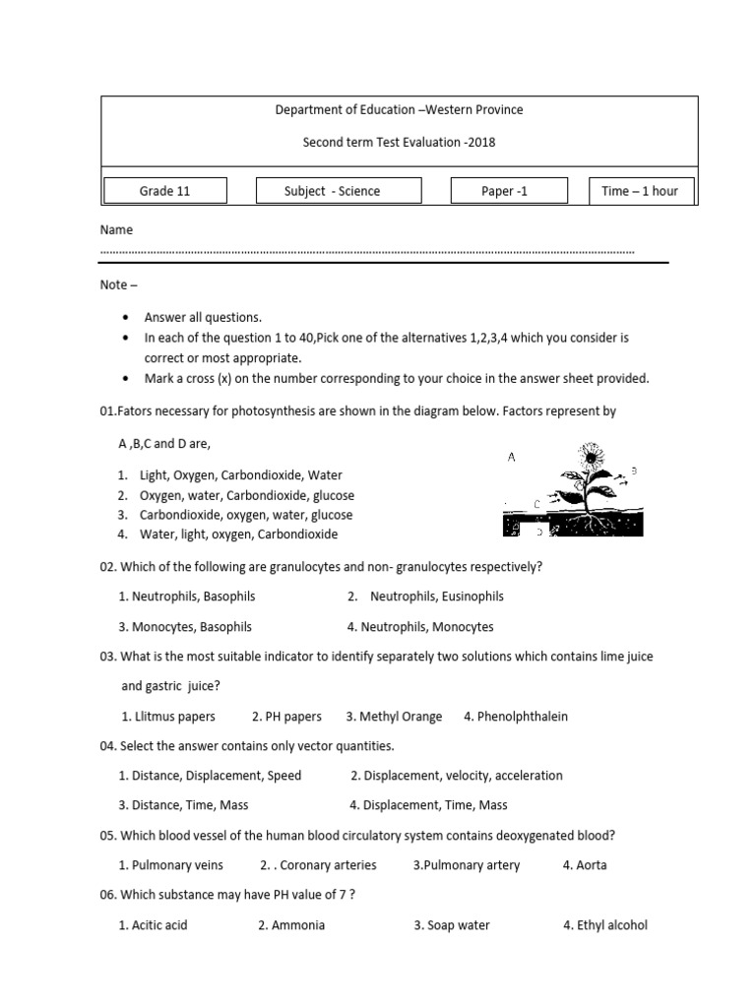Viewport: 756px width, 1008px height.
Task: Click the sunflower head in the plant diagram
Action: pyautogui.click(x=590, y=456)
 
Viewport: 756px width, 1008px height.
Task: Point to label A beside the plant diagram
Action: pyautogui.click(x=512, y=457)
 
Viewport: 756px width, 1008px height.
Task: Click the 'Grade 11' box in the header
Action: pyautogui.click(x=165, y=191)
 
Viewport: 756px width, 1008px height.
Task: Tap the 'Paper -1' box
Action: pyautogui.click(x=505, y=191)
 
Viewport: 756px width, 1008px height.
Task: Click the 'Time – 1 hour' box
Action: pyautogui.click(x=640, y=191)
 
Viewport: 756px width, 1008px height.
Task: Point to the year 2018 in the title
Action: pyautogui.click(x=481, y=142)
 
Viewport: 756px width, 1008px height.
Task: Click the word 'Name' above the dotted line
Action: pyautogui.click(x=116, y=229)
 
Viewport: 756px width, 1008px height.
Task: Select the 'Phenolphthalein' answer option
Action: pyautogui.click(x=522, y=716)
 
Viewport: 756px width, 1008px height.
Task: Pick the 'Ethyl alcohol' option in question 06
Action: pyautogui.click(x=611, y=924)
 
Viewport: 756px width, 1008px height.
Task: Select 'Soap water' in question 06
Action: pyautogui.click(x=458, y=924)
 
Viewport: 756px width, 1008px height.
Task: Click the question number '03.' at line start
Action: pyautogui.click(x=108, y=656)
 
